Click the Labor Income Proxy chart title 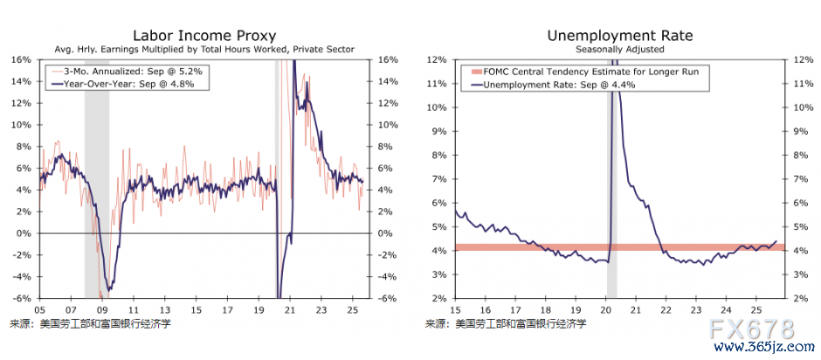(204, 36)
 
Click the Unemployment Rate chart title (620, 36)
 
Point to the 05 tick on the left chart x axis (39, 309)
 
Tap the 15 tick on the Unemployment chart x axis (456, 309)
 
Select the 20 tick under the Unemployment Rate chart (605, 309)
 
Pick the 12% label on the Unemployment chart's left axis (438, 60)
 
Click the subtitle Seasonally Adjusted (620, 50)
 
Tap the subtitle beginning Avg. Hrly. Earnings (204, 50)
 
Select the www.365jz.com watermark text (756, 348)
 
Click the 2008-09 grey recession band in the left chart (96, 175)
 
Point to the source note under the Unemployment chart (506, 323)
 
